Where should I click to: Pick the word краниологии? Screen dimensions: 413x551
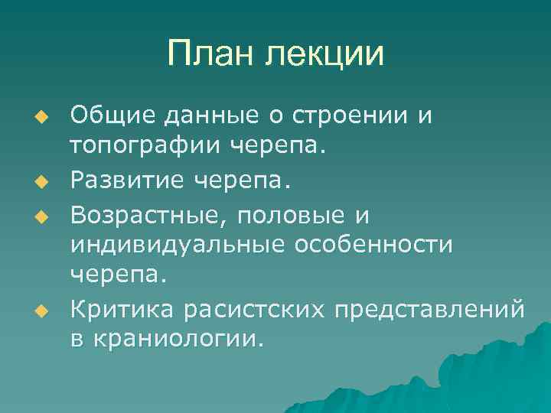(180, 338)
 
